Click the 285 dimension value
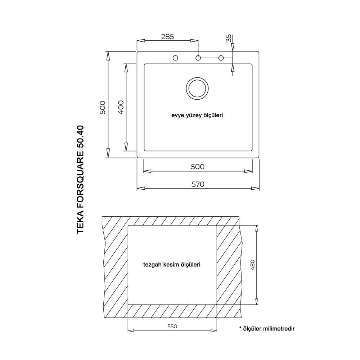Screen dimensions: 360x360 point(167,36)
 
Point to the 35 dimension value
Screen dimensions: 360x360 point(229,38)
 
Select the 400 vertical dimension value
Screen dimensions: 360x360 point(121,107)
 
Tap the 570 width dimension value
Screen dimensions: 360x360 point(198,184)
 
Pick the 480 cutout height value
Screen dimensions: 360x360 point(252,265)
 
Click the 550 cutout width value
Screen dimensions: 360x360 point(172,326)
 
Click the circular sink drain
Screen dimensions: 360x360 point(197,89)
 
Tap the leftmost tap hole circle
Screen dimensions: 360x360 point(175,58)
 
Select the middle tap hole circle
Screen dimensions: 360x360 point(198,58)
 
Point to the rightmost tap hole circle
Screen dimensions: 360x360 point(221,58)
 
